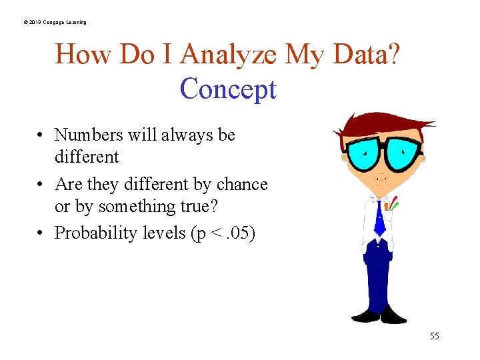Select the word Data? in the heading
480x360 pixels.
click(x=365, y=55)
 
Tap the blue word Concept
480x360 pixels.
click(x=228, y=89)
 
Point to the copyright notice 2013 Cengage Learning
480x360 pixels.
click(x=54, y=23)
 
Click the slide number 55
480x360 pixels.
click(x=434, y=336)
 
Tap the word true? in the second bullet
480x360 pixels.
click(x=191, y=207)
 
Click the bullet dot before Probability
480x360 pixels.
click(x=41, y=233)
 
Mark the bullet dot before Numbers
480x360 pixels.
click(x=41, y=135)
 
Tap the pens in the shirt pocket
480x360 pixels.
click(x=393, y=203)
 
